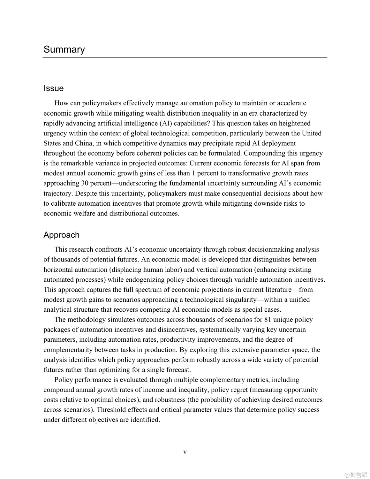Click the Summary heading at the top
[x=64, y=49]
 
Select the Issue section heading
[x=54, y=88]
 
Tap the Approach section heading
[x=61, y=235]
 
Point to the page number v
[x=185, y=452]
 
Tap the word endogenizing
[x=145, y=280]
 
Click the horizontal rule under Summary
[x=185, y=58]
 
